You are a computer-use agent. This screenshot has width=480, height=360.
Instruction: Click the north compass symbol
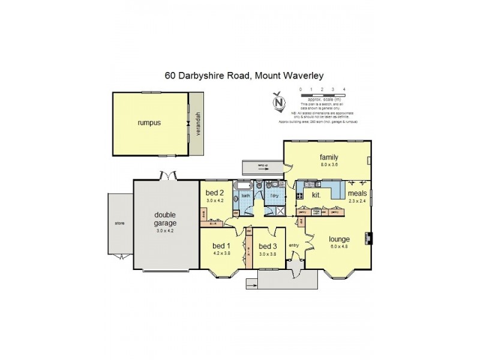[x=278, y=102]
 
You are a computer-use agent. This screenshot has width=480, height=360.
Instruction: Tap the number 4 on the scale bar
[x=344, y=89]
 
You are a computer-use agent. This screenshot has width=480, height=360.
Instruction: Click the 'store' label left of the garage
[x=119, y=223]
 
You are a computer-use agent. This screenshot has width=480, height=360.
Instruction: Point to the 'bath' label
[x=245, y=196]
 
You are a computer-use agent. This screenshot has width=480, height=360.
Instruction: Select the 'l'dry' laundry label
[x=275, y=196]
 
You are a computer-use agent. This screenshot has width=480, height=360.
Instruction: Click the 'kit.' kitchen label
[x=316, y=196]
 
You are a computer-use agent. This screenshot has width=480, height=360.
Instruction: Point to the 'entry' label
[x=294, y=245]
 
